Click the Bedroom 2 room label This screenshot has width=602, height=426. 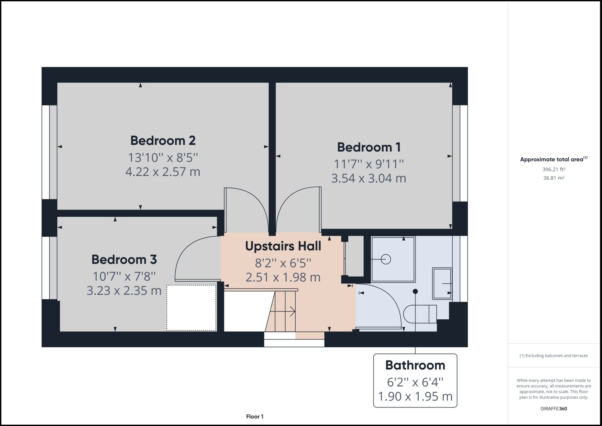(x=163, y=141)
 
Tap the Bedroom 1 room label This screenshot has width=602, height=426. (x=369, y=147)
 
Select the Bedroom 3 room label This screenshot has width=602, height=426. (x=124, y=259)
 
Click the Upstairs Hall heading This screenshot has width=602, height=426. (x=283, y=246)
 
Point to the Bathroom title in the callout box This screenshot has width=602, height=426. (x=415, y=365)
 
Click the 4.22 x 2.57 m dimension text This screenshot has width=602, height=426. (x=163, y=172)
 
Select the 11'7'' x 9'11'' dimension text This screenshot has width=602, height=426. (x=369, y=164)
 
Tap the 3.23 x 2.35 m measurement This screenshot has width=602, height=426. (x=124, y=290)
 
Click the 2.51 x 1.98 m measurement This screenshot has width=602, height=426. (x=283, y=277)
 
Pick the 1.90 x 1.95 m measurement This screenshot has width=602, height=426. (x=415, y=396)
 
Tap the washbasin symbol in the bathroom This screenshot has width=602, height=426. (x=442, y=284)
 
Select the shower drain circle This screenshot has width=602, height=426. (x=386, y=259)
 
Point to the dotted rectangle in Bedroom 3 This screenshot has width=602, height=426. (x=191, y=308)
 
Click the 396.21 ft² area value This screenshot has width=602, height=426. (x=554, y=169)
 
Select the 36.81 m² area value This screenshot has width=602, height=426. (x=554, y=178)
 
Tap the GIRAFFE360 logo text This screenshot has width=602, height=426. (x=554, y=409)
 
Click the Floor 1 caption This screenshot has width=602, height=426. (x=255, y=417)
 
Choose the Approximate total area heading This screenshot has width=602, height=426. (x=552, y=159)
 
